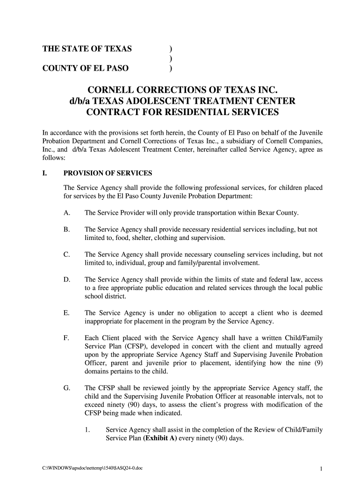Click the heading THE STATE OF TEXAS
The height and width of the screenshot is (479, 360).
click(x=87, y=49)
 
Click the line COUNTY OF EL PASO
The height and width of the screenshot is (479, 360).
click(x=86, y=68)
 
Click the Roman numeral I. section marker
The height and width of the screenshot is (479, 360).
click(x=45, y=174)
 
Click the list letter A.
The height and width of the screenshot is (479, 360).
click(x=67, y=213)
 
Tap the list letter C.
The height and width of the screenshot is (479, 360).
click(x=67, y=255)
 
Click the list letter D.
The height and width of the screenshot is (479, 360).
click(x=67, y=280)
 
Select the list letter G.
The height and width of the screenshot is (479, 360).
click(x=67, y=388)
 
